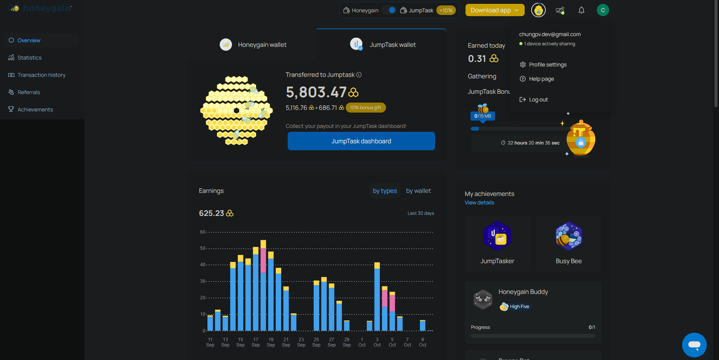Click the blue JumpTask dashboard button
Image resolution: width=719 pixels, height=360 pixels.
pos(361,141)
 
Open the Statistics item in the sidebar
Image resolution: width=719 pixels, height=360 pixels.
pos(29,58)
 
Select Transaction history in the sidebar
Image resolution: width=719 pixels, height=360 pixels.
pos(41,75)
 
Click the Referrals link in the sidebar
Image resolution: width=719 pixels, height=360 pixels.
pos(28,92)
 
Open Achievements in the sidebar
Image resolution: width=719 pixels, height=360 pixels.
pos(35,109)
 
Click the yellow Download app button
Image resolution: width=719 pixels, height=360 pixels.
pos(495,10)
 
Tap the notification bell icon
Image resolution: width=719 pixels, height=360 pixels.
pos(581,10)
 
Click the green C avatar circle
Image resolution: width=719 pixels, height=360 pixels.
pos(603,10)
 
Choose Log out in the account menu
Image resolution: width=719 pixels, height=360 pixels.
pos(538,100)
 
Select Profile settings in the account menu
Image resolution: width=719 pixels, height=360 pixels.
pos(547,65)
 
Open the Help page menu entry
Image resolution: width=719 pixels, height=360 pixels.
pos(541,79)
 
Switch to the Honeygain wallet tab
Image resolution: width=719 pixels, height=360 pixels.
pos(253,45)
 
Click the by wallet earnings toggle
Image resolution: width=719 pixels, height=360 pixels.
pos(418,191)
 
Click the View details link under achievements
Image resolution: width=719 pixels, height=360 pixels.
pos(479,202)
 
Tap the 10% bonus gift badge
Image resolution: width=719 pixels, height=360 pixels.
pos(366,108)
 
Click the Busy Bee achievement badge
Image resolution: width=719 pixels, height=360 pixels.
pos(568,236)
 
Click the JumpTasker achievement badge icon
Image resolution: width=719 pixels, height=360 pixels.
pos(497,236)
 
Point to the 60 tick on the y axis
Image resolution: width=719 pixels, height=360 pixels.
pos(202,232)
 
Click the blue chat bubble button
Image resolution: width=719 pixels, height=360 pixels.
pos(694,345)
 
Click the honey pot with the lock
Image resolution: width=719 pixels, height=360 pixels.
pos(580,139)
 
